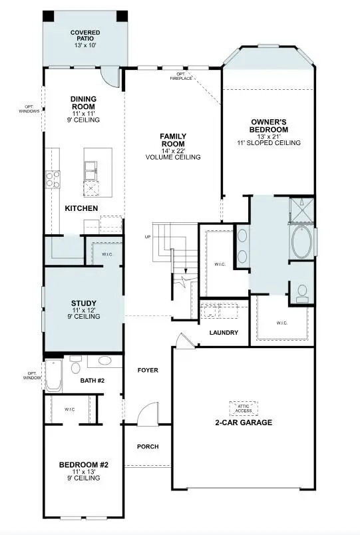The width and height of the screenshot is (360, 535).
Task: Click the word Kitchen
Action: tap(81, 208)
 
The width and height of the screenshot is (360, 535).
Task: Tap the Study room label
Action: tap(84, 303)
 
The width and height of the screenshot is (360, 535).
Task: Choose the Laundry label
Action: tap(224, 333)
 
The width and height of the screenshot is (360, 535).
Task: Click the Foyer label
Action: tap(147, 370)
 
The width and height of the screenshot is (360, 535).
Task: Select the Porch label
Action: tap(147, 446)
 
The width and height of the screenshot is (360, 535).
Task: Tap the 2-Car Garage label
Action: tap(243, 423)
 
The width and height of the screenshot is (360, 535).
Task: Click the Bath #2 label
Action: tap(92, 381)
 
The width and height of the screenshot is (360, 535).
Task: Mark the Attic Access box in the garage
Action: tap(243, 407)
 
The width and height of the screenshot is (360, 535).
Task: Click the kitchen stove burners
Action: tap(52, 179)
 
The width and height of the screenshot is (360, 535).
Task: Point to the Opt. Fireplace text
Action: tap(184, 76)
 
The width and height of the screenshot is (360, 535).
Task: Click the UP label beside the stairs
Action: tap(147, 237)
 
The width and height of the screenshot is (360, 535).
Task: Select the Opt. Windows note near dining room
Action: tap(30, 109)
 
